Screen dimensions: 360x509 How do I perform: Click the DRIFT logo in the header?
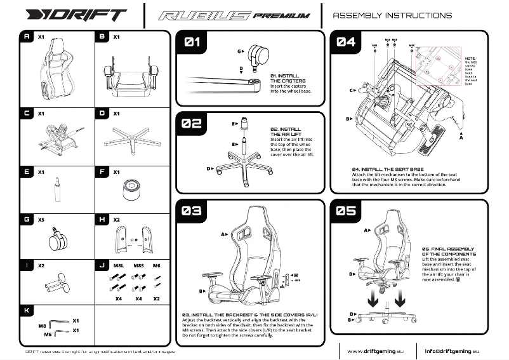[71, 15]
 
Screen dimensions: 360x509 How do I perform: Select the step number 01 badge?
[192, 43]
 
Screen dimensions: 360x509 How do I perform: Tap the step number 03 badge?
[192, 210]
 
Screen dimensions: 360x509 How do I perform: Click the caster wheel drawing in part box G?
[55, 241]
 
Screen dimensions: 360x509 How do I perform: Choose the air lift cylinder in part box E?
[54, 190]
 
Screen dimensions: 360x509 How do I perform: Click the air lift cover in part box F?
[131, 189]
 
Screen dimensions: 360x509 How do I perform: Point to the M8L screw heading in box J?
[118, 265]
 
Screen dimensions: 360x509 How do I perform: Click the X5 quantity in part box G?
[41, 219]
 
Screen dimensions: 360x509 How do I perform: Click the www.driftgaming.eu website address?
[373, 350]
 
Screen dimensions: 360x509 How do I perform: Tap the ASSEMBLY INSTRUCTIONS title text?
[392, 15]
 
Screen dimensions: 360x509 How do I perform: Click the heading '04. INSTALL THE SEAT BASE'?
[387, 170]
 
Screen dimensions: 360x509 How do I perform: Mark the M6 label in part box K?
[47, 332]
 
